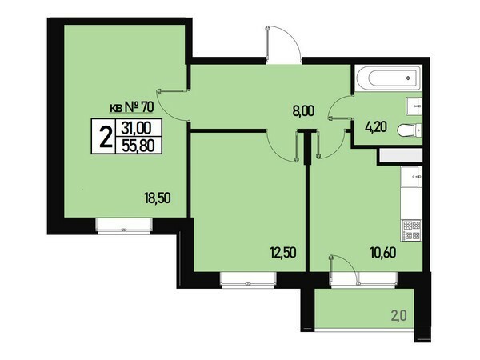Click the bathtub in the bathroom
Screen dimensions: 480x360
point(389,78)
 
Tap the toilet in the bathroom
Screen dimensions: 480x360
point(410,130)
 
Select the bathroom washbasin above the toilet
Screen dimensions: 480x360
point(414,106)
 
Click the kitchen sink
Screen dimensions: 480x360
point(411,177)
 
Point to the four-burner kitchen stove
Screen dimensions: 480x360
point(412,230)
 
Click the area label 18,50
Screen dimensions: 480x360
point(158,198)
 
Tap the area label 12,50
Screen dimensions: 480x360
point(283,253)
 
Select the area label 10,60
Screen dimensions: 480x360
point(383,253)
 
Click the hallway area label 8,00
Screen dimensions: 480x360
point(303,111)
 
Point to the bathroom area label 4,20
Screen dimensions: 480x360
point(376,126)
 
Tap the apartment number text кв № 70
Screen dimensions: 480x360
point(132,107)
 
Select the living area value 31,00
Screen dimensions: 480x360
point(137,127)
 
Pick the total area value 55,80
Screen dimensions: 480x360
point(138,145)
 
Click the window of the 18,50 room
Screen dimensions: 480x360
point(124,226)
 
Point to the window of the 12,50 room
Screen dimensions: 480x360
point(248,280)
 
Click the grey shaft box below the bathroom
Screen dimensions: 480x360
point(401,156)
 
